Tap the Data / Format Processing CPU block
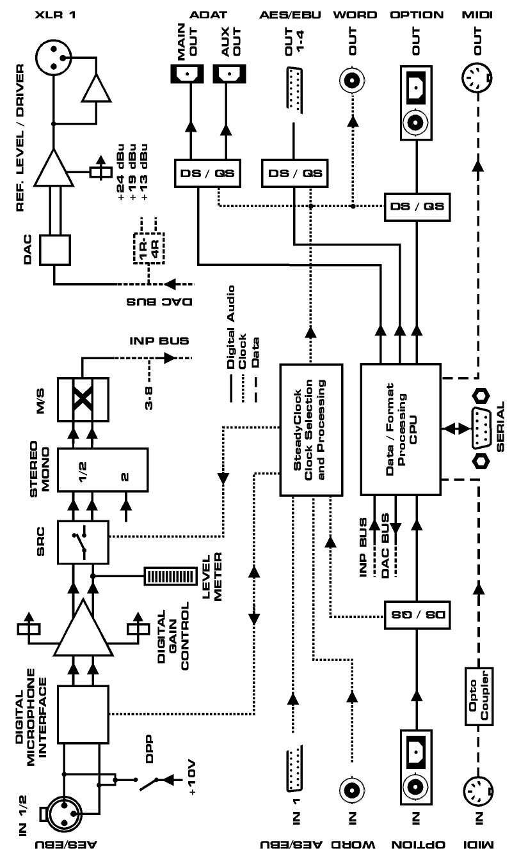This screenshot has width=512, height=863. pos(401,430)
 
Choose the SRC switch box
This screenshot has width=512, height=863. pos(83,541)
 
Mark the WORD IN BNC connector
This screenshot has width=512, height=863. pos(353,789)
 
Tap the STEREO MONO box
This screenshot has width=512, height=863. pos(102,469)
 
